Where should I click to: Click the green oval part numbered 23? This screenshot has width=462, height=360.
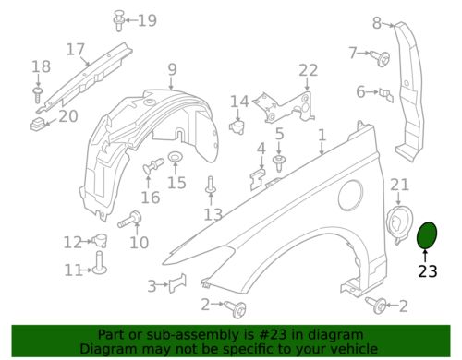(427, 235)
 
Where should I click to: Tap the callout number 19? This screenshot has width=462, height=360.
(147, 20)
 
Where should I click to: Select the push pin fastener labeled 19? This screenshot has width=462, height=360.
(119, 20)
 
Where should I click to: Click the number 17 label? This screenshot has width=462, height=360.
(76, 49)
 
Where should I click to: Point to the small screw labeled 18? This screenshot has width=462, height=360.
(38, 95)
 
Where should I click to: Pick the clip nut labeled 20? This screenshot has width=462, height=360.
(39, 124)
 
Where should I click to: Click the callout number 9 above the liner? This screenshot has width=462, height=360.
(173, 69)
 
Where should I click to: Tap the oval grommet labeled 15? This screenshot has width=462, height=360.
(176, 157)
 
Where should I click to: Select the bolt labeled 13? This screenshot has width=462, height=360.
(211, 186)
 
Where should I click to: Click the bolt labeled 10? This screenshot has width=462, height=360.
(130, 219)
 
